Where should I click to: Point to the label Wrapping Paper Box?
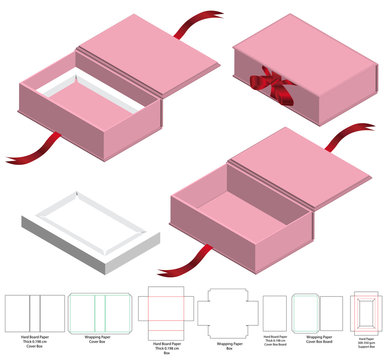tap(229, 344)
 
